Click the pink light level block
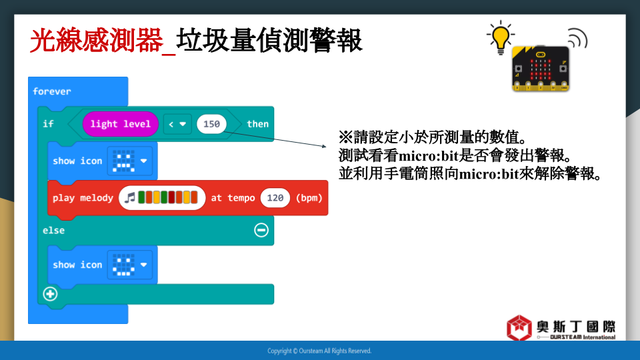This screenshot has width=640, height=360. coord(121,124)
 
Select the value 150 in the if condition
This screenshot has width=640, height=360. coord(211,124)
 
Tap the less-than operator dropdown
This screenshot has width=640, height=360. coord(177,124)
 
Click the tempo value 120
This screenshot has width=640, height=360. coord(275,198)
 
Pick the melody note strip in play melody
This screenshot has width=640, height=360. coord(162,198)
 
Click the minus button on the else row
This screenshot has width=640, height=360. coord(261,230)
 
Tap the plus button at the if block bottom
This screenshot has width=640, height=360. coord(50,294)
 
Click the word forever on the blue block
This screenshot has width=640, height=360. coord(52,91)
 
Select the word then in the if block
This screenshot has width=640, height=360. coord(257,124)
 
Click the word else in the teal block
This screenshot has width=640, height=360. coord(53,231)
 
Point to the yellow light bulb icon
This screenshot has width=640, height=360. coord(501,37)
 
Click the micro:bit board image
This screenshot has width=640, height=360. coord(541,69)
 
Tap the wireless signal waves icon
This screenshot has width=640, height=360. coord(577,38)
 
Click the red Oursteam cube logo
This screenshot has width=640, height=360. coord(519,327)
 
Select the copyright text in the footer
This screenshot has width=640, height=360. coord(319,351)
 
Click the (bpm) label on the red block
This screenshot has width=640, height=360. coord(309,198)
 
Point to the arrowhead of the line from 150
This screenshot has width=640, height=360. coord(325,146)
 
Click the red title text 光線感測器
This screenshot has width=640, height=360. coord(96,41)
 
